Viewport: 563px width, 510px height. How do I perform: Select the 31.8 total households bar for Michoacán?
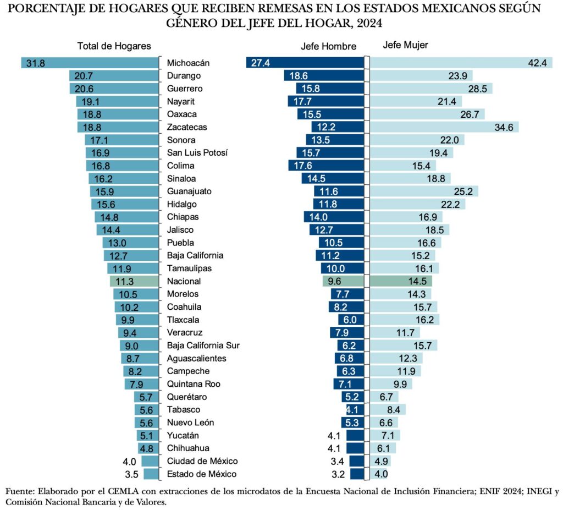90,63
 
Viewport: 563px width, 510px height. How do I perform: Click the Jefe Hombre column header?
328,46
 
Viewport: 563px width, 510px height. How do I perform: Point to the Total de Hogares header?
114,46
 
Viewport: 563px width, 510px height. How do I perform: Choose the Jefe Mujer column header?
405,46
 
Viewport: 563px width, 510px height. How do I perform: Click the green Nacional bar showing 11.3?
134,281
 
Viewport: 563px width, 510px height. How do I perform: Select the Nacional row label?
183,281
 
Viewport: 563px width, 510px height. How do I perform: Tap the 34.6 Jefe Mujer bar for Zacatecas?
444,127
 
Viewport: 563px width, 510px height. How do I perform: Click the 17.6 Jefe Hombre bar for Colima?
326,166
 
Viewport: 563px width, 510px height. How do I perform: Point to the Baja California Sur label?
203,346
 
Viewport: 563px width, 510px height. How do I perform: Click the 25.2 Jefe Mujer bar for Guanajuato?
424,191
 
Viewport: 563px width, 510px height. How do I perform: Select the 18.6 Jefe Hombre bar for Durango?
324,76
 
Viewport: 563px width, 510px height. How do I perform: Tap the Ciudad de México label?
202,461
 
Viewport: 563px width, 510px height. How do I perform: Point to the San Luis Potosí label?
197,153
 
